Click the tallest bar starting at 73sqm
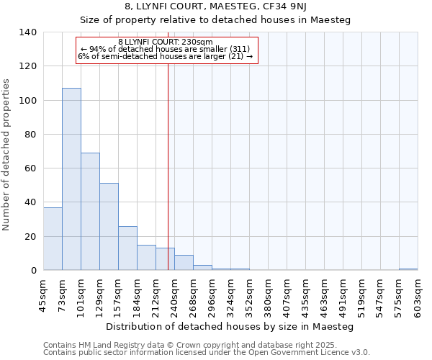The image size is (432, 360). tap(71, 179)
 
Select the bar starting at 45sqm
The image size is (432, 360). tap(53, 239)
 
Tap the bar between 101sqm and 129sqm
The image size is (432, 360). tap(90, 212)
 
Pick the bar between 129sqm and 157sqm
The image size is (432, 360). tap(109, 227)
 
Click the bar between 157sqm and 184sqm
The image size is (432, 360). tap(127, 248)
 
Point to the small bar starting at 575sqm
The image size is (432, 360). tap(408, 269)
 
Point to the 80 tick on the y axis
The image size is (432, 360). tap(30, 135)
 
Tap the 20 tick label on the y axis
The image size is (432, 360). tap(30, 237)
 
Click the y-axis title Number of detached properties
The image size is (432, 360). tap(6, 155)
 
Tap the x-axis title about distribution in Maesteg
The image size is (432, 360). tap(229, 326)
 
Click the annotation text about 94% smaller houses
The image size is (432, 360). tap(165, 49)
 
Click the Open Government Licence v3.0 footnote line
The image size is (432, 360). tap(207, 352)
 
